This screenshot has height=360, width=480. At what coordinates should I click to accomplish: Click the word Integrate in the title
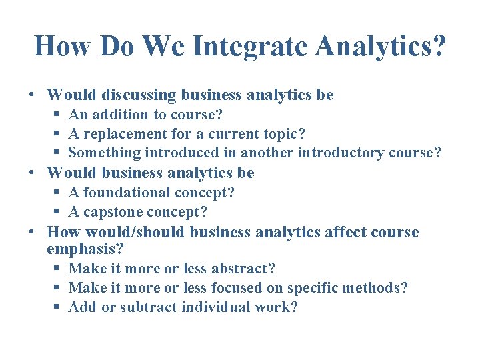pyautogui.click(x=251, y=47)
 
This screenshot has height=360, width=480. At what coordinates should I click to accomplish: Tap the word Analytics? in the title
pyautogui.click(x=381, y=47)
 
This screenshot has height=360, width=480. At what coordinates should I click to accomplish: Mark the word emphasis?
pyautogui.click(x=85, y=249)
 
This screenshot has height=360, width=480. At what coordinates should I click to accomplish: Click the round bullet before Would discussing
pyautogui.click(x=32, y=96)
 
